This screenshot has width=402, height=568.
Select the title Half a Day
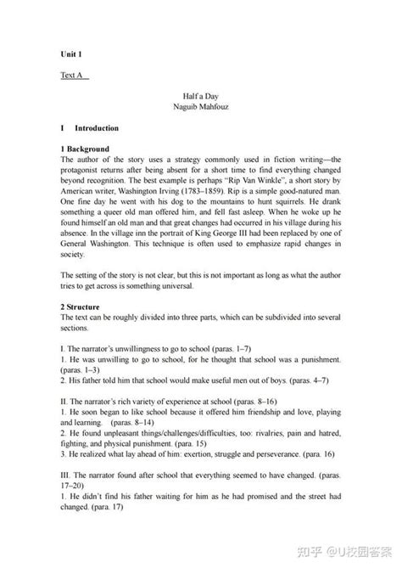coord(201,98)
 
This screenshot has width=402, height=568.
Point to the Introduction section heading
coord(96,128)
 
